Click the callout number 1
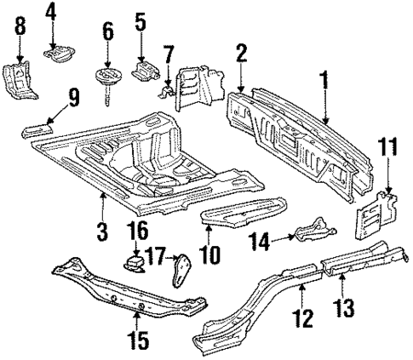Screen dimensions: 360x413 324,83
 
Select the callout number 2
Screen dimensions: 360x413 241,55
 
